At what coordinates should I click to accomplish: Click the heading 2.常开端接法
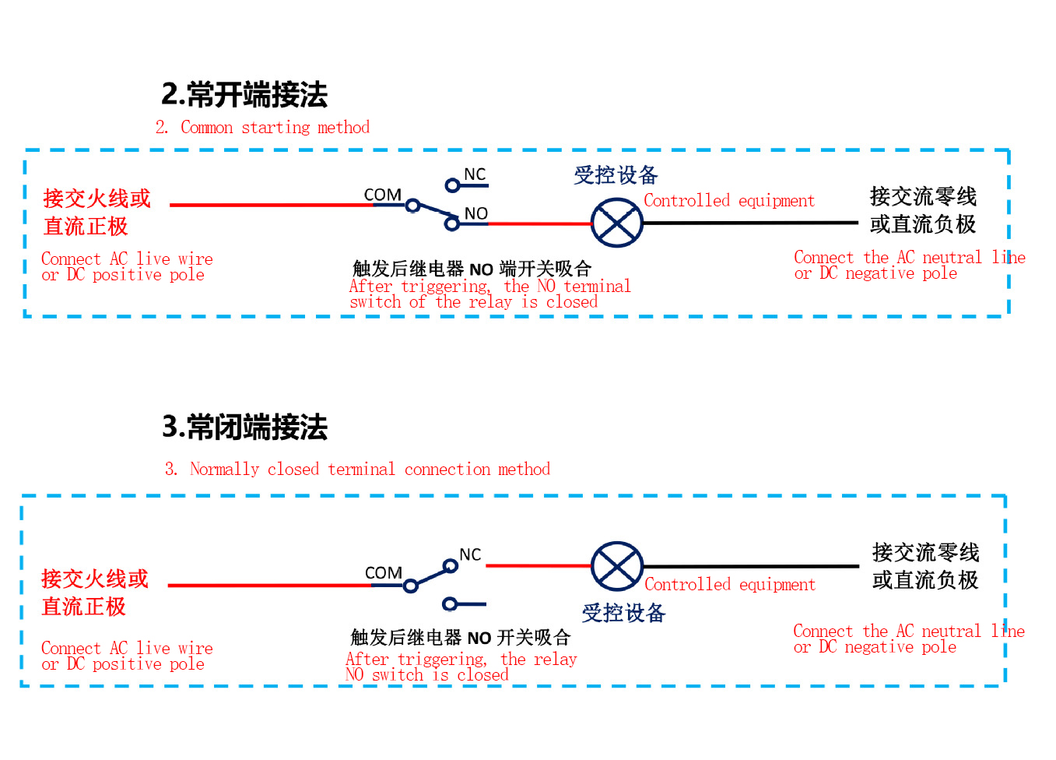[x=244, y=94]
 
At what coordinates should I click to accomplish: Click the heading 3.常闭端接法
[x=244, y=427]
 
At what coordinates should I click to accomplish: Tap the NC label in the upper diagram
[x=475, y=174]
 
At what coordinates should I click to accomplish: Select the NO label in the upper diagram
[x=476, y=213]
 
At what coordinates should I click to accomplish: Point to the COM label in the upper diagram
[x=382, y=195]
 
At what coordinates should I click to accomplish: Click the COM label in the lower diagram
[x=384, y=572]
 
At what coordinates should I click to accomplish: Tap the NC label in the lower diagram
[x=470, y=554]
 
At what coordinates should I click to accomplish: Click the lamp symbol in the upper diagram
[x=617, y=223]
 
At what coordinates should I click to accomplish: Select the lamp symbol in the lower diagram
[x=617, y=566]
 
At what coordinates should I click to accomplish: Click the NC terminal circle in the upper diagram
[x=453, y=185]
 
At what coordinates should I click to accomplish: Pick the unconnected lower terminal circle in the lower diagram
[x=450, y=603]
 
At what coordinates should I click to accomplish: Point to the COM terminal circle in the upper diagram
[x=413, y=206]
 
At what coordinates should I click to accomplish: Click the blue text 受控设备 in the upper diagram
[x=616, y=175]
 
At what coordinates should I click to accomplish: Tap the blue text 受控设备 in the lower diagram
[x=623, y=613]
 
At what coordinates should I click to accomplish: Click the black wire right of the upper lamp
[x=751, y=223]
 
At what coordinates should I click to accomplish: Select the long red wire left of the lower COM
[x=270, y=586]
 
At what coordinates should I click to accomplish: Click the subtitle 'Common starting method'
[x=275, y=128]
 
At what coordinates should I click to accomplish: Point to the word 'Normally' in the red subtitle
[x=225, y=469]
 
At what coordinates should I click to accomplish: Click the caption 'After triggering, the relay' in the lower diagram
[x=461, y=659]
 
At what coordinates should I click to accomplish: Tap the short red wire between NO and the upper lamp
[x=539, y=223]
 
